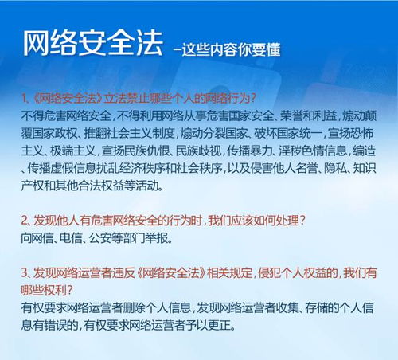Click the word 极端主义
tap(68, 151)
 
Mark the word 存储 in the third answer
tap(318, 307)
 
